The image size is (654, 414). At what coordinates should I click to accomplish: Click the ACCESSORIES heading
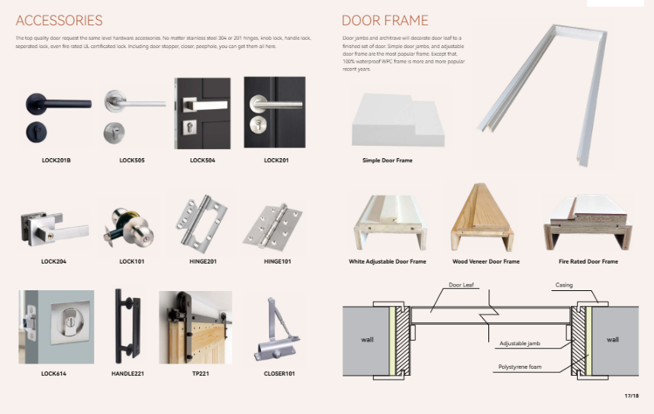tap(60, 21)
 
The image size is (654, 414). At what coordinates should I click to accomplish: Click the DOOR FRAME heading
tap(385, 21)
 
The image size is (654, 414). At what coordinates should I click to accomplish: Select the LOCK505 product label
tap(132, 160)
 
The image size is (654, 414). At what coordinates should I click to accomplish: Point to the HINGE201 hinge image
tap(201, 224)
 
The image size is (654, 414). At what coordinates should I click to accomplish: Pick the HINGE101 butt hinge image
tap(272, 228)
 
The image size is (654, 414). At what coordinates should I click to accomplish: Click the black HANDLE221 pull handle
tap(127, 326)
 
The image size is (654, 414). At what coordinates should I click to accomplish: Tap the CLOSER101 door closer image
tap(276, 329)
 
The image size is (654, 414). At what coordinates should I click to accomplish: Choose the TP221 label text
tap(201, 374)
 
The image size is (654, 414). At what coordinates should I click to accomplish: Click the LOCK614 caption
tap(53, 374)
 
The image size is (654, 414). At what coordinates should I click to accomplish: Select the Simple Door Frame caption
tap(387, 160)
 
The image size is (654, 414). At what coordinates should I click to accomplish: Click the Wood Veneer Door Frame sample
tap(482, 218)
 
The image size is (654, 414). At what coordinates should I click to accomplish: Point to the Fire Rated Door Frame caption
tap(588, 261)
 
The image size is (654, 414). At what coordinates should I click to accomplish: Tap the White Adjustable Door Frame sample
tap(391, 222)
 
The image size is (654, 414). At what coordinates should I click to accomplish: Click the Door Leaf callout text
tap(461, 285)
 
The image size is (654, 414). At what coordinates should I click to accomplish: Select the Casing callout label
tap(564, 285)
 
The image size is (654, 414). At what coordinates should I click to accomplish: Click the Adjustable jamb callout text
tap(520, 343)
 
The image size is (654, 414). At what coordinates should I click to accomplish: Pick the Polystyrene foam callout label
tap(520, 367)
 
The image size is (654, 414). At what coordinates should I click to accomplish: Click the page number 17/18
tap(631, 396)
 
